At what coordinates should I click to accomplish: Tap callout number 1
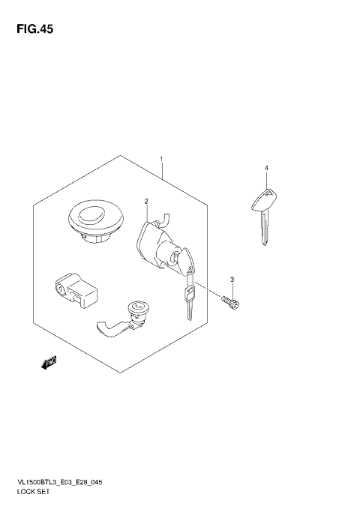[160, 160]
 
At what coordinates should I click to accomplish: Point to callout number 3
[232, 280]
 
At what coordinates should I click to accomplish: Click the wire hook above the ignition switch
[164, 217]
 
